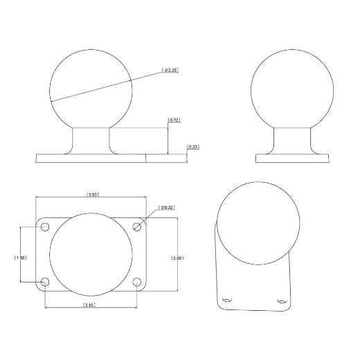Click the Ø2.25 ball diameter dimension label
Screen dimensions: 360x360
170,71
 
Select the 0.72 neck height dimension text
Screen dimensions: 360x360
174,120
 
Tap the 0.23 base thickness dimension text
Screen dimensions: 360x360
193,147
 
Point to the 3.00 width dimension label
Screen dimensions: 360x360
92,195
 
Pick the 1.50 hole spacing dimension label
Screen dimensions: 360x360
21,258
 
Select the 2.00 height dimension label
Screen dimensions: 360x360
177,258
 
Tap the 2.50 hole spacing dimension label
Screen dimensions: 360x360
89,305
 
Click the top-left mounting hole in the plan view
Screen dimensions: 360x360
46,228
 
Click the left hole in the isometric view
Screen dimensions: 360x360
226,300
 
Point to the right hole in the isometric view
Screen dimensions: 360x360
280,300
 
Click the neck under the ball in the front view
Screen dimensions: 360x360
90,138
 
